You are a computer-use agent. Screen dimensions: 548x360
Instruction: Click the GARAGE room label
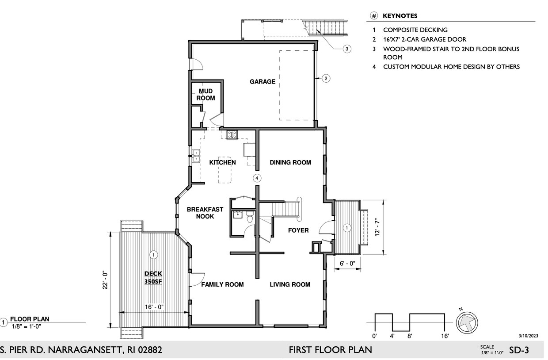tap(262, 81)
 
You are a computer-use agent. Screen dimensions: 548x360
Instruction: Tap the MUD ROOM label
tap(205, 95)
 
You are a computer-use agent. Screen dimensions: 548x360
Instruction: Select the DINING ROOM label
tap(290, 162)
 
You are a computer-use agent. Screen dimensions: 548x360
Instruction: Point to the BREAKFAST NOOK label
tap(205, 213)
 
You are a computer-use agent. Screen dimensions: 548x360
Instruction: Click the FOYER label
tap(298, 230)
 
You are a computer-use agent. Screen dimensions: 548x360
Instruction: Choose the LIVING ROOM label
tap(290, 284)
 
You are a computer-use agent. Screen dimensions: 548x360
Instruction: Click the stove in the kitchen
tap(232, 134)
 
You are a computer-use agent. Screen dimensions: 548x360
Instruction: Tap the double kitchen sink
tap(196, 156)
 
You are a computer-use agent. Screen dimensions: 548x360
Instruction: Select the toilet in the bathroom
tap(250, 217)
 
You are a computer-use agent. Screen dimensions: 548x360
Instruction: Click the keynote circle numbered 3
tap(346, 49)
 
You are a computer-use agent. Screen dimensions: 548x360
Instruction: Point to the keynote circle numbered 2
tap(326, 78)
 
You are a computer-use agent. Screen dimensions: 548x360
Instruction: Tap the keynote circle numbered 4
tap(257, 178)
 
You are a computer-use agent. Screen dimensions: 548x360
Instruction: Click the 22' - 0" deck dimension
tap(105, 280)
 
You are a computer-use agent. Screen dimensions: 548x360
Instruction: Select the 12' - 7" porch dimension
tap(377, 227)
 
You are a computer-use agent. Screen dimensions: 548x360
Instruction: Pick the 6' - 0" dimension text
tap(347, 264)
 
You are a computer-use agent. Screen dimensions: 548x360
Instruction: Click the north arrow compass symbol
tap(467, 322)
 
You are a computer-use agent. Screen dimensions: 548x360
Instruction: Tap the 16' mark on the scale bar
tap(445, 336)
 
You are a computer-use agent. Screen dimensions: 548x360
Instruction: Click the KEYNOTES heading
tap(400, 16)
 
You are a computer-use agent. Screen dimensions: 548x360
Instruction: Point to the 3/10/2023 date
tap(529, 336)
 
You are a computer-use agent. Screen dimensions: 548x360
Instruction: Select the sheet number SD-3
tap(519, 350)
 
